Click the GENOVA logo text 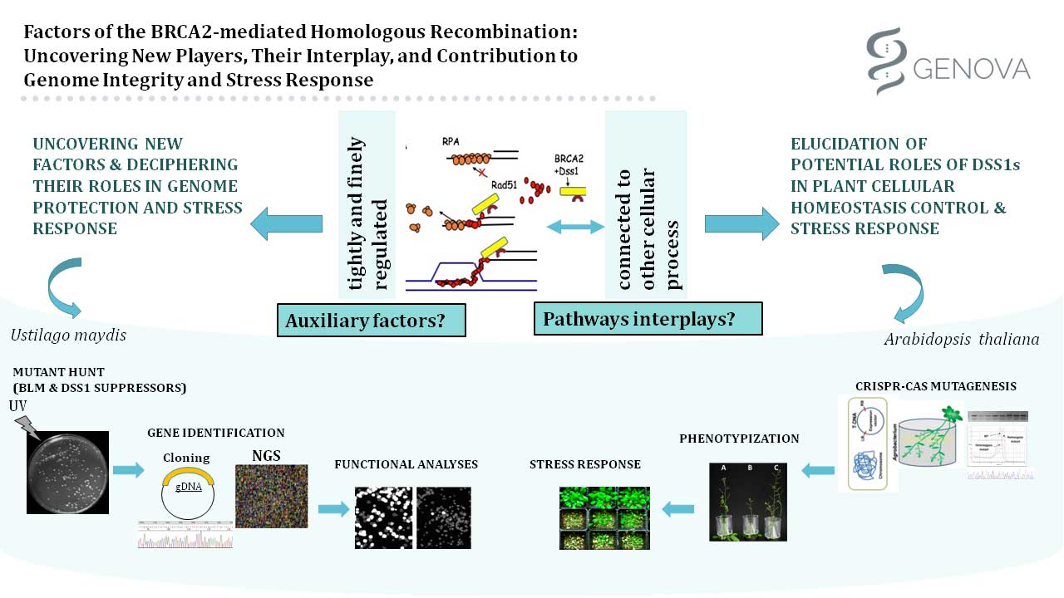coord(972,67)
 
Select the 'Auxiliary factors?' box coord(371,321)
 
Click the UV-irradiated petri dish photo coord(67,473)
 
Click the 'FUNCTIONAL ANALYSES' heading coord(406,464)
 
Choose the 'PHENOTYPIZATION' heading coord(739,438)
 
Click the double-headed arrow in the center coord(574,225)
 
